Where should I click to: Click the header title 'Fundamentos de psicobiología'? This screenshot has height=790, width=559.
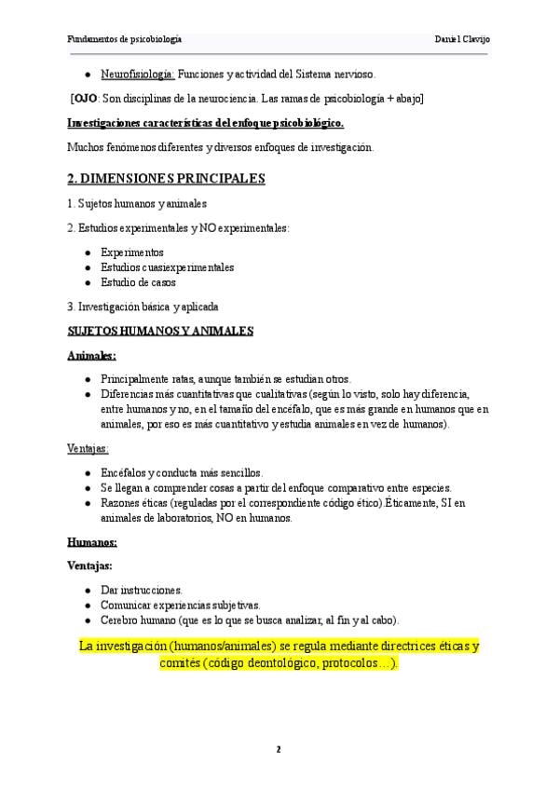(125, 39)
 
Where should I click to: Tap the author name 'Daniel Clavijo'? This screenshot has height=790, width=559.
(462, 39)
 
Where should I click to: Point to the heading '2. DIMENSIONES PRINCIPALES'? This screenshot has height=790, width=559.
(167, 178)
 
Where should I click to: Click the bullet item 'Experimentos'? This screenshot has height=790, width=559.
(131, 252)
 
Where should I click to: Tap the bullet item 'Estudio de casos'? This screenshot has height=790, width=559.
(138, 282)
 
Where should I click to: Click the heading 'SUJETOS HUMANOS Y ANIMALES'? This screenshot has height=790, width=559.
(161, 330)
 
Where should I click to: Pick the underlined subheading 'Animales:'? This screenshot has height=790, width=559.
(92, 355)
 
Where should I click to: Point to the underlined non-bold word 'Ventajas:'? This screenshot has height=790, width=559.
(89, 448)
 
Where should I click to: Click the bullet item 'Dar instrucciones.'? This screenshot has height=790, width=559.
(142, 590)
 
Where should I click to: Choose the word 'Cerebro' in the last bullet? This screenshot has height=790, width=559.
(120, 620)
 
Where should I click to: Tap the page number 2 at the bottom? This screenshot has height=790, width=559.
(279, 749)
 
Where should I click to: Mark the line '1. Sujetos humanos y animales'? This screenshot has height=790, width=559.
(137, 203)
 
